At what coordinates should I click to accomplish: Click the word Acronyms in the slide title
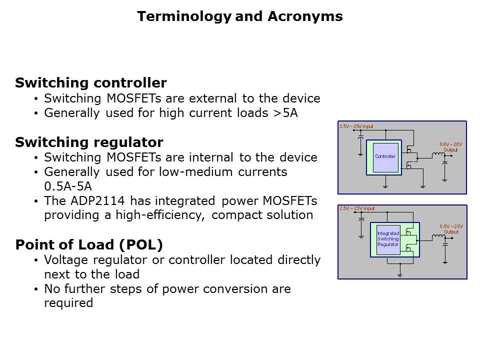click(x=305, y=17)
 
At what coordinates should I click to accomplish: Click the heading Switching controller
click(x=91, y=83)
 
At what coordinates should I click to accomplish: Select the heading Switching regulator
click(x=89, y=142)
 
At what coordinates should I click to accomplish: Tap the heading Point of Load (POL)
click(x=89, y=245)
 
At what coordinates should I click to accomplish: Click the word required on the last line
click(x=68, y=303)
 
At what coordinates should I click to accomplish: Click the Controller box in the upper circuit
click(x=385, y=157)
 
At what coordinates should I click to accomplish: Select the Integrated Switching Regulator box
click(x=388, y=239)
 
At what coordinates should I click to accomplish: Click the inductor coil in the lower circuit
click(x=438, y=236)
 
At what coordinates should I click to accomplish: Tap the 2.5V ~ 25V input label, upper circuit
click(x=356, y=126)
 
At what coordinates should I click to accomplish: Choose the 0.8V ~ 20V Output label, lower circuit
click(x=450, y=229)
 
